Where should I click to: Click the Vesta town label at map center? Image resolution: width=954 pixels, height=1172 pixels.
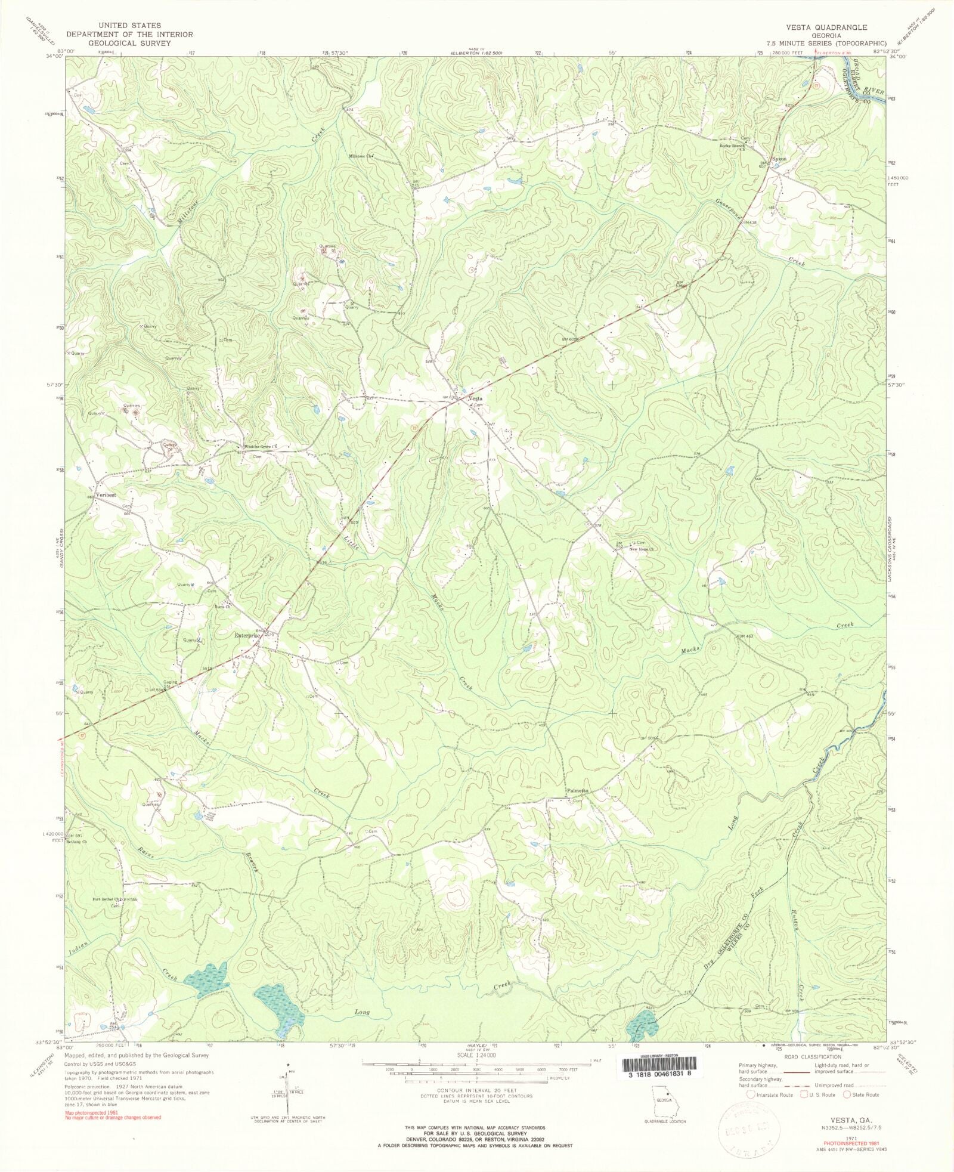pos(475,398)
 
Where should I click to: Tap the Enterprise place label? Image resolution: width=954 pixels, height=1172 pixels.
pos(246,636)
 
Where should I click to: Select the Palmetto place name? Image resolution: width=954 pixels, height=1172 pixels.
pos(577,791)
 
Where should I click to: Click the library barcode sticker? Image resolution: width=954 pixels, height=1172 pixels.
pos(658,1067)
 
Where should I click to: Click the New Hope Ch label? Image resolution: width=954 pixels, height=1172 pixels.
pos(642,549)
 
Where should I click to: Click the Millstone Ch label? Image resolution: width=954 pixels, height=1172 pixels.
pos(361,157)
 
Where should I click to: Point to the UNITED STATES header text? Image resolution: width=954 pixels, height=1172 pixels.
pos(130,26)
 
